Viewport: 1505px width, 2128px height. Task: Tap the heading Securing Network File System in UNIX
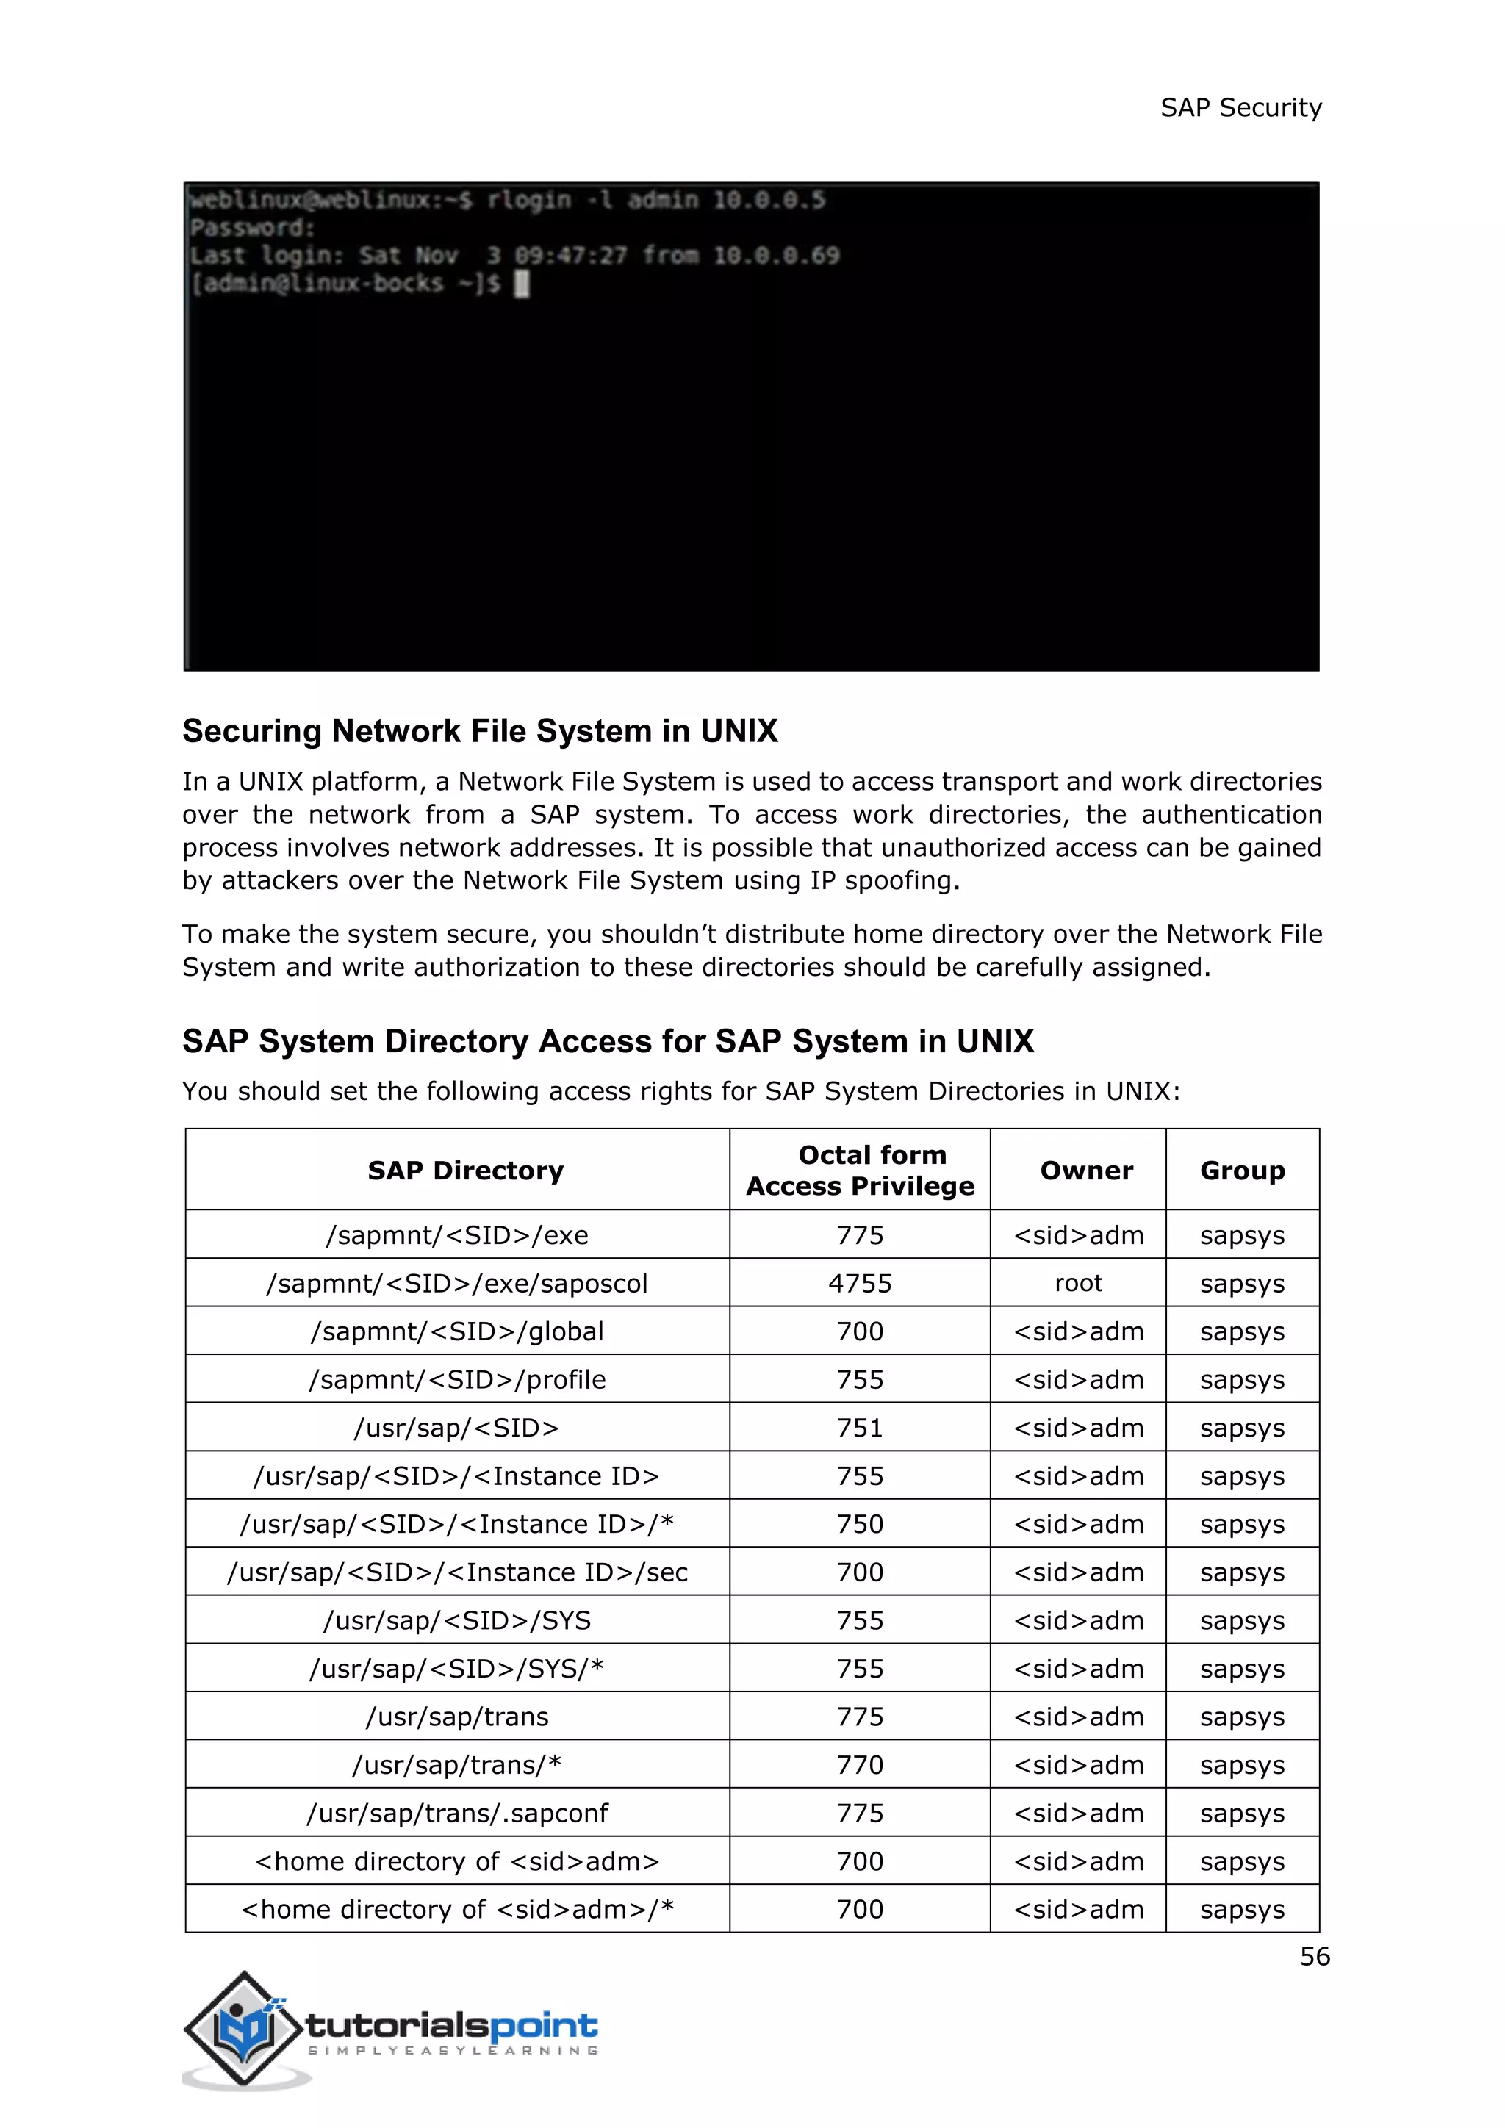pyautogui.click(x=479, y=731)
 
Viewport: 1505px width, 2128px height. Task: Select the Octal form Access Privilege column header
pyautogui.click(x=860, y=1170)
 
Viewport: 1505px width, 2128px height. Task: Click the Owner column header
pyautogui.click(x=1086, y=1171)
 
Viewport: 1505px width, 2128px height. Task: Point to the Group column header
pyautogui.click(x=1242, y=1171)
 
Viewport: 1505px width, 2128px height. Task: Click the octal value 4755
pyautogui.click(x=860, y=1284)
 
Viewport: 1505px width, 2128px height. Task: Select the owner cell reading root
pyautogui.click(x=1078, y=1284)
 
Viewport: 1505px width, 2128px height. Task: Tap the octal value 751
pyautogui.click(x=860, y=1428)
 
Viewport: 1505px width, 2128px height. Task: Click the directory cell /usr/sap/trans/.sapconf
pyautogui.click(x=458, y=1814)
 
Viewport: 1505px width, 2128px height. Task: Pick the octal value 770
pyautogui.click(x=860, y=1766)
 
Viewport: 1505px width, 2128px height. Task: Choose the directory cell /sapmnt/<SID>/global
pyautogui.click(x=458, y=1332)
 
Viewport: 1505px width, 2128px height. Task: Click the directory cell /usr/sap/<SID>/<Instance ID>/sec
pyautogui.click(x=458, y=1572)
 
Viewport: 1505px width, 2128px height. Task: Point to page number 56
pyautogui.click(x=1314, y=1957)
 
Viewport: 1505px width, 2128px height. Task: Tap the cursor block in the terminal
pyautogui.click(x=522, y=284)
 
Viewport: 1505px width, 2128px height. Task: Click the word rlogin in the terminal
pyautogui.click(x=529, y=200)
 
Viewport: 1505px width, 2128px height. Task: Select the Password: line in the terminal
pyautogui.click(x=252, y=228)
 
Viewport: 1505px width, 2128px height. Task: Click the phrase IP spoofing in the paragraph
pyautogui.click(x=883, y=880)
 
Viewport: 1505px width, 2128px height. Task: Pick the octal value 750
pyautogui.click(x=860, y=1525)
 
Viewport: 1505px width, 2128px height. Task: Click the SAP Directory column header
pyautogui.click(x=465, y=1171)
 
